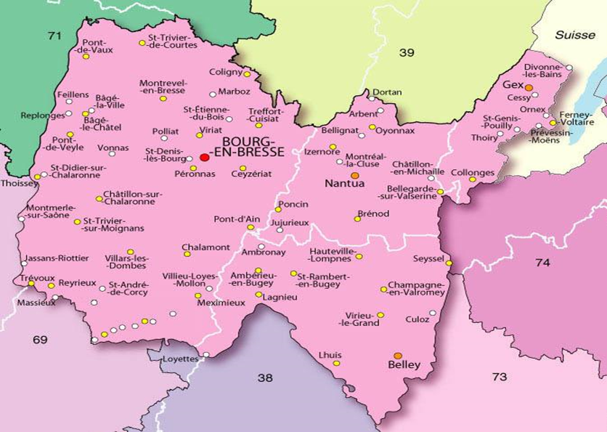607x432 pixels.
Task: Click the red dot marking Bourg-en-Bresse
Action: pyautogui.click(x=204, y=156)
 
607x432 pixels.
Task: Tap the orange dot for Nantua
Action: pyautogui.click(x=354, y=175)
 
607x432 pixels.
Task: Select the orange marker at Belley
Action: pyautogui.click(x=397, y=356)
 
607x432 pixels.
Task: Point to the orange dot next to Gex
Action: pyautogui.click(x=529, y=87)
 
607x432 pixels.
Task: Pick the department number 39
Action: pyautogui.click(x=406, y=52)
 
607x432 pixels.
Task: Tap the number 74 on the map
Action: pyautogui.click(x=542, y=263)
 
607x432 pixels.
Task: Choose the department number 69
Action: pyautogui.click(x=40, y=339)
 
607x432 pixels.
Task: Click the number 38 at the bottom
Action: pyautogui.click(x=266, y=377)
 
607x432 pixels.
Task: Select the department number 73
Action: pyautogui.click(x=500, y=376)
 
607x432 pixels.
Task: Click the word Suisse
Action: pyautogui.click(x=574, y=35)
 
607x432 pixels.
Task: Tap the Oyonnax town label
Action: pyautogui.click(x=396, y=131)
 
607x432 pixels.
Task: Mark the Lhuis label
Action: pyautogui.click(x=330, y=354)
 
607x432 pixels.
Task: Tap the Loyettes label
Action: pyautogui.click(x=181, y=359)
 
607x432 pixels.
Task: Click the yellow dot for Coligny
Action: pyautogui.click(x=247, y=74)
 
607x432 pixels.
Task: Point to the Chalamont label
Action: pyautogui.click(x=205, y=247)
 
